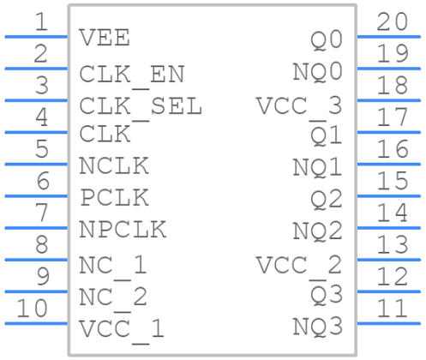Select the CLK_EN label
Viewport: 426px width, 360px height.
click(x=132, y=74)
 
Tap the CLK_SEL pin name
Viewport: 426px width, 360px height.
click(x=141, y=106)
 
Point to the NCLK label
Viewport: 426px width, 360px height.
click(x=114, y=165)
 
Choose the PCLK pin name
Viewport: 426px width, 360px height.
click(x=114, y=197)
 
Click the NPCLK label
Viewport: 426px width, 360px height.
click(x=123, y=230)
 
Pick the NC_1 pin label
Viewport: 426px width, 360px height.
click(x=113, y=265)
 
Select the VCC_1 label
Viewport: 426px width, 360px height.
click(x=122, y=329)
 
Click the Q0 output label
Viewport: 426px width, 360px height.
click(x=326, y=39)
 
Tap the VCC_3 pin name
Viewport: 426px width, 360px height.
click(x=299, y=106)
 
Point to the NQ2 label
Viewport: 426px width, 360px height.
click(x=317, y=231)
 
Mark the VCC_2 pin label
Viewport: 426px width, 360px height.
click(x=299, y=265)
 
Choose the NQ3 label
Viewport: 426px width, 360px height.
click(x=317, y=327)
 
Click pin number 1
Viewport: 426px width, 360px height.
click(x=40, y=21)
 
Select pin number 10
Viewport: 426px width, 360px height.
click(x=33, y=308)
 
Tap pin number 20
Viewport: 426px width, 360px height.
click(x=392, y=21)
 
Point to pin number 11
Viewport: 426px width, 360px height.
click(x=392, y=308)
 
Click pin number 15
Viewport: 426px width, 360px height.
click(x=392, y=181)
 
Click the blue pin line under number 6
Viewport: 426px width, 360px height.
click(x=36, y=196)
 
